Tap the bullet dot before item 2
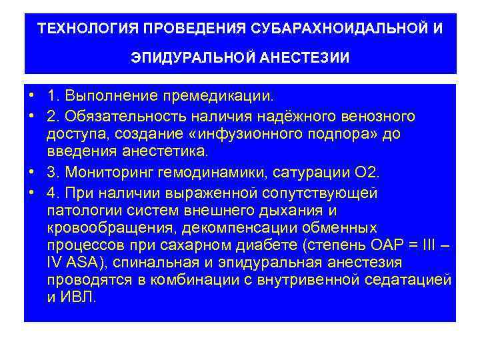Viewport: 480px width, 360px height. pyautogui.click(x=32, y=117)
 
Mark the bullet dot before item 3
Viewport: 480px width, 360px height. pyautogui.click(x=32, y=173)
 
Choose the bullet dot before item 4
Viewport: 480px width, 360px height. pyautogui.click(x=32, y=193)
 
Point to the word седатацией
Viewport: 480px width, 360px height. pyautogui.click(x=409, y=279)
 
